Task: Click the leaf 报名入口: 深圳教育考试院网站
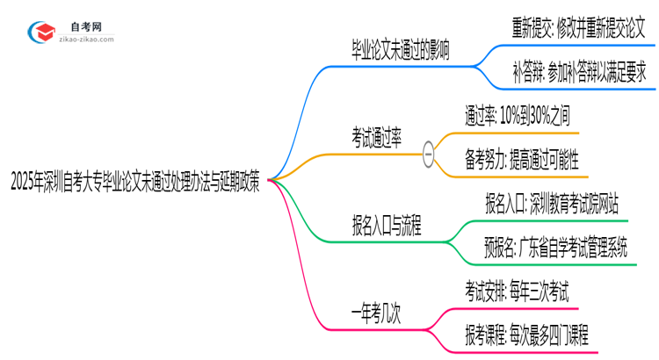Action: [552, 205]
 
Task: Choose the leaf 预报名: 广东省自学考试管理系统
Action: [556, 248]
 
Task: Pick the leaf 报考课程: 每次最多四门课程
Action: [527, 335]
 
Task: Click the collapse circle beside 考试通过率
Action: [429, 153]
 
